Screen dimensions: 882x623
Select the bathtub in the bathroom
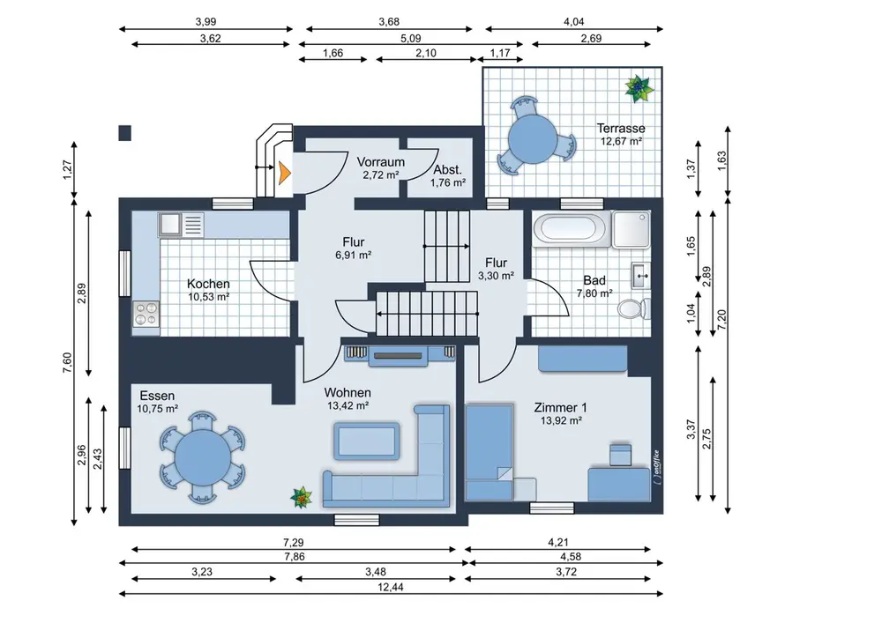pyautogui.click(x=570, y=229)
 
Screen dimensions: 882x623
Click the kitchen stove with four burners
pyautogui.click(x=146, y=314)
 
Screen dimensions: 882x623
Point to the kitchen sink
pyautogui.click(x=181, y=225)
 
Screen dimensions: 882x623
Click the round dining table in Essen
pyautogui.click(x=203, y=457)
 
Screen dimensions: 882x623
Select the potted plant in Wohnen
pyautogui.click(x=302, y=498)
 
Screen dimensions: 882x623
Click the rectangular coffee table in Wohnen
pyautogui.click(x=367, y=441)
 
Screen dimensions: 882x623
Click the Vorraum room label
pyautogui.click(x=381, y=162)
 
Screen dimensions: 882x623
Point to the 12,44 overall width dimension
pyautogui.click(x=391, y=588)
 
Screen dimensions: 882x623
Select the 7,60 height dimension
pyautogui.click(x=67, y=362)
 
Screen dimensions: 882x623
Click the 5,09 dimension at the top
pyautogui.click(x=411, y=39)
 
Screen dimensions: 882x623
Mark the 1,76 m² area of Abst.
pyautogui.click(x=448, y=182)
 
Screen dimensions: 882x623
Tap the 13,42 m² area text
pyautogui.click(x=348, y=405)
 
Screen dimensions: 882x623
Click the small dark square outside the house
pyautogui.click(x=125, y=133)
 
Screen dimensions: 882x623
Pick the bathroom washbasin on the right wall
pyautogui.click(x=640, y=276)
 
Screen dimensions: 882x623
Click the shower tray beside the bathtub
pyautogui.click(x=632, y=229)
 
